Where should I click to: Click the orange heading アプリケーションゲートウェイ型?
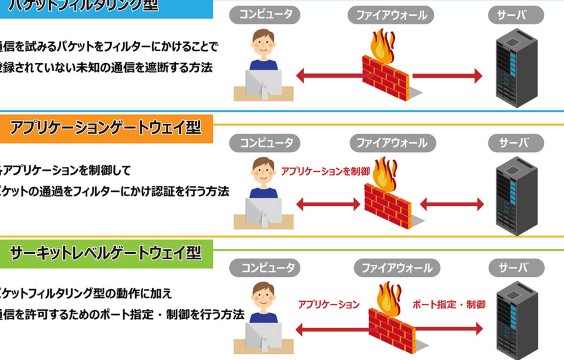pyautogui.click(x=105, y=128)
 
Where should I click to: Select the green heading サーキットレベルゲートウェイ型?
pyautogui.click(x=105, y=253)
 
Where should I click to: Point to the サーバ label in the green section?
pyautogui.click(x=513, y=268)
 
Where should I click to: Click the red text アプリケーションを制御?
pyautogui.click(x=326, y=172)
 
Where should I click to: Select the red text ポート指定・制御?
pyautogui.click(x=449, y=304)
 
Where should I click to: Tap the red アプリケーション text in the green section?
pyautogui.click(x=329, y=304)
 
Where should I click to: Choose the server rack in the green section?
pyautogui.click(x=517, y=323)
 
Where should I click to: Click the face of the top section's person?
pyautogui.click(x=263, y=45)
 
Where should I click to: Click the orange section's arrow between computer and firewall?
pyautogui.click(x=328, y=205)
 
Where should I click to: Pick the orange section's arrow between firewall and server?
pyautogui.click(x=452, y=205)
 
